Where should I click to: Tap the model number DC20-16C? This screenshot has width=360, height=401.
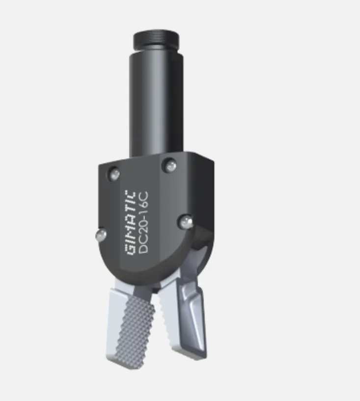tap(144, 221)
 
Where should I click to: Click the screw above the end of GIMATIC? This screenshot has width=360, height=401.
tap(114, 173)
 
